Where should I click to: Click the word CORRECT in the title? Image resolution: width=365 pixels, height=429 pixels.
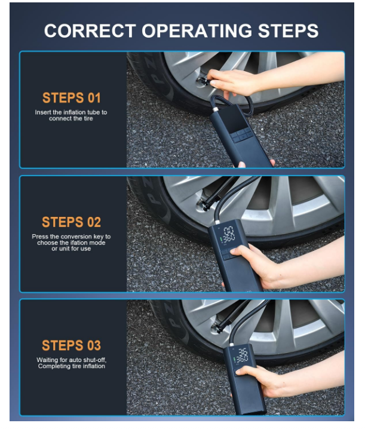[x=90, y=30]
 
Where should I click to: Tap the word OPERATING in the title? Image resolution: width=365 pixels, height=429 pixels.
[x=197, y=30]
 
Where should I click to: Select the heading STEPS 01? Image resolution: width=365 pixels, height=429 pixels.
[x=72, y=97]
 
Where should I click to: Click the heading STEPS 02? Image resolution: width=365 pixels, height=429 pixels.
[x=72, y=222]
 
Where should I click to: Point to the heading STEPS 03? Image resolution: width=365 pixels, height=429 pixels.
[x=72, y=345]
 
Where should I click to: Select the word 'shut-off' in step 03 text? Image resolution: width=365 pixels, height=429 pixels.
[x=93, y=360]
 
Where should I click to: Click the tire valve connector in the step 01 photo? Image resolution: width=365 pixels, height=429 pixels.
[x=203, y=81]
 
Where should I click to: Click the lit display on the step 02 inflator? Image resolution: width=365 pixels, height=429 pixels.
[x=228, y=235]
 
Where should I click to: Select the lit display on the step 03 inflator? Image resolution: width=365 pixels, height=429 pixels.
[x=241, y=357]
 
